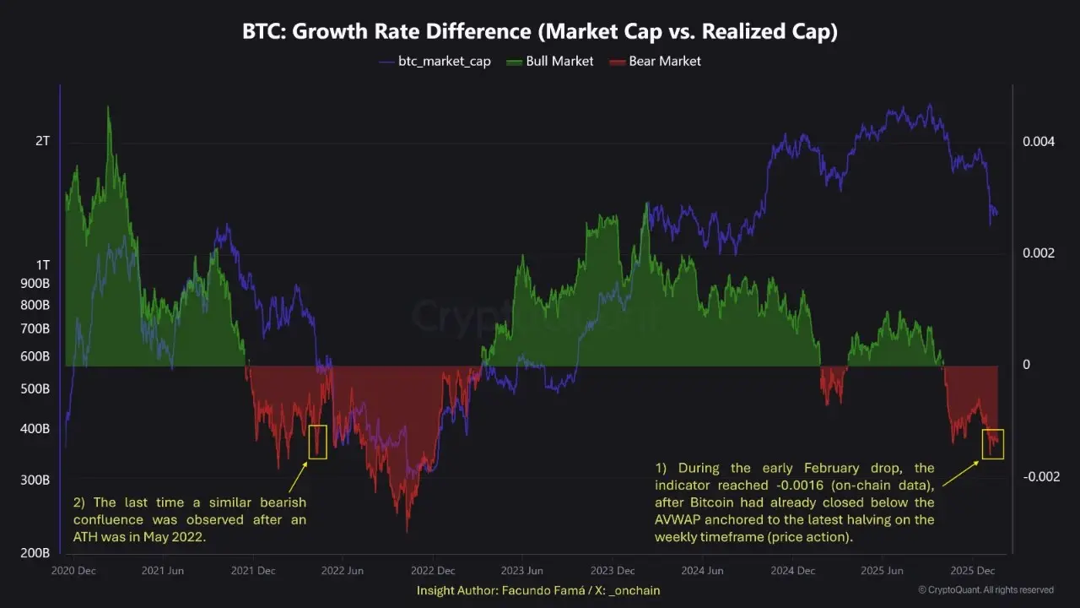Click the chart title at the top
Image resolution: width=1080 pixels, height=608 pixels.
(x=540, y=31)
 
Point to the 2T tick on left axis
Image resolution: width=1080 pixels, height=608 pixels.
(x=43, y=141)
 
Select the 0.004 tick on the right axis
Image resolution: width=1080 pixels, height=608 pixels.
(x=1038, y=142)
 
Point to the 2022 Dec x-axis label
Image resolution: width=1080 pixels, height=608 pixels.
(x=433, y=571)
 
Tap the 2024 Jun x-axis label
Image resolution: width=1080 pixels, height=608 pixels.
(x=704, y=571)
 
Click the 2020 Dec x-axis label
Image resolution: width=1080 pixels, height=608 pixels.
(x=73, y=571)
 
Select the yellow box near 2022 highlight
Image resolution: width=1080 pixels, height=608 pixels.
(x=317, y=442)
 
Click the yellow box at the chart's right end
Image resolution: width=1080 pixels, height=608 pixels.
(x=992, y=444)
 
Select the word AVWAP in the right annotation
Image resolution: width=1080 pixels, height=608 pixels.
(x=678, y=520)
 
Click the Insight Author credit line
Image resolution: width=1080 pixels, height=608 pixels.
(x=538, y=590)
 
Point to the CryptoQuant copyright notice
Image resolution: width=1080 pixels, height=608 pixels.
(x=985, y=590)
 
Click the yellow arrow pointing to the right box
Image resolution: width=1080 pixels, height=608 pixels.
(x=961, y=474)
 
